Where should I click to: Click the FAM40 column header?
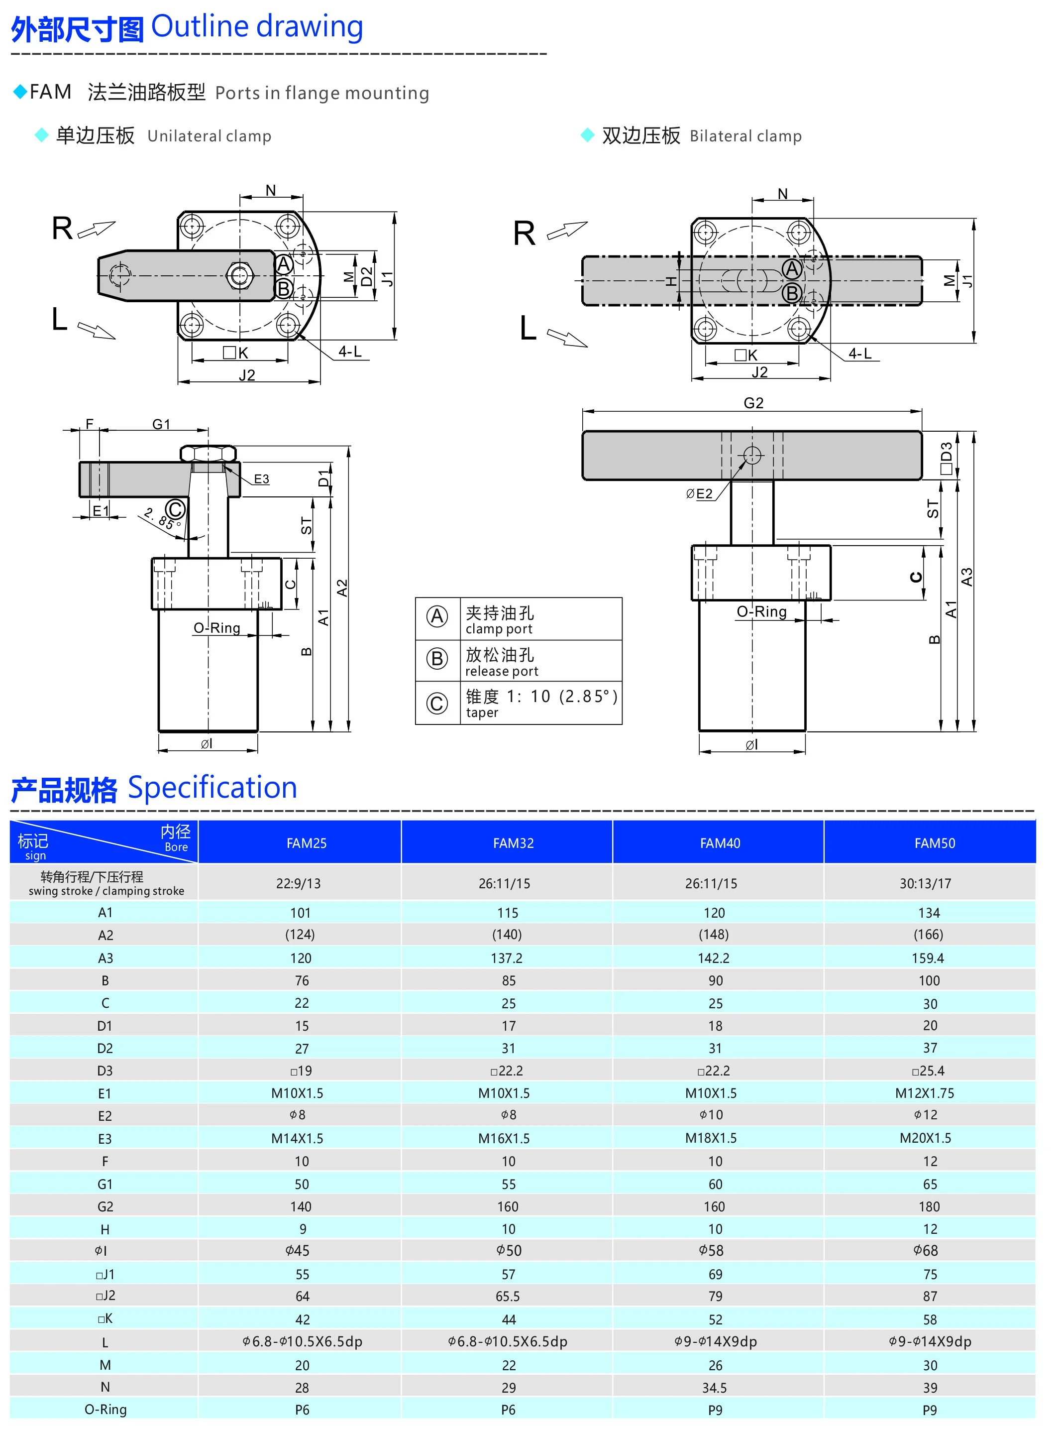click(720, 843)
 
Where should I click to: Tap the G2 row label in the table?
click(105, 1206)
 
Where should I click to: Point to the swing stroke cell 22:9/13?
click(298, 884)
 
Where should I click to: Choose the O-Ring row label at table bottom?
click(105, 1410)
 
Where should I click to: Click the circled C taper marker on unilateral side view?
click(175, 509)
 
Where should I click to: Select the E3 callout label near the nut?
click(261, 478)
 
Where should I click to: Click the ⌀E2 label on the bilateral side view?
click(699, 494)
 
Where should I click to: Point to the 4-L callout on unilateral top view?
click(349, 352)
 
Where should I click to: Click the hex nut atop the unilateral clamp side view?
click(208, 454)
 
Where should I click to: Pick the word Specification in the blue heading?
click(212, 788)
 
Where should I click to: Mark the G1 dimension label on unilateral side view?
click(161, 424)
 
